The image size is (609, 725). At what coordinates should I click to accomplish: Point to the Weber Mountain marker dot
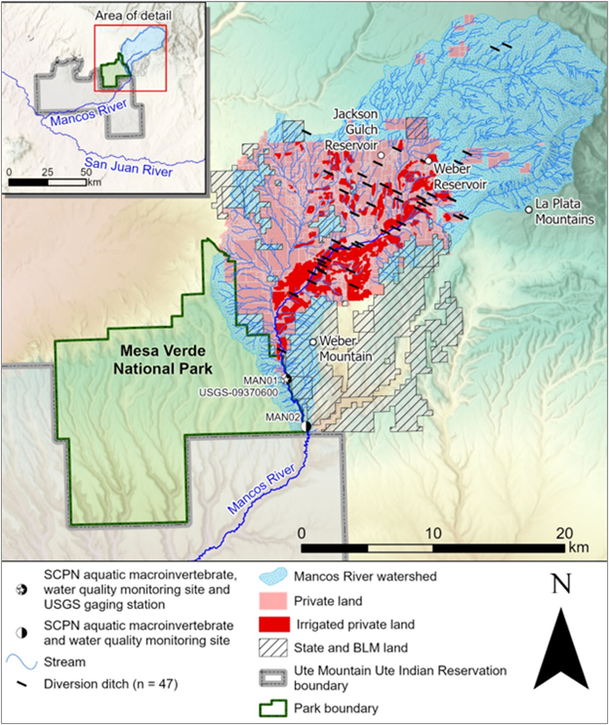[x=313, y=342]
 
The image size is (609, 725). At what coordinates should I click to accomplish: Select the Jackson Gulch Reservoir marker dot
[x=382, y=155]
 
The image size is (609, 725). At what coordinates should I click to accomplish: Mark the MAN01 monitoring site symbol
[x=289, y=380]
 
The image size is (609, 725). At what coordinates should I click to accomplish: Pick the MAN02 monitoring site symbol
[x=307, y=426]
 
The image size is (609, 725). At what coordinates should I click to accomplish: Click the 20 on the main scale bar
[x=564, y=534]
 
